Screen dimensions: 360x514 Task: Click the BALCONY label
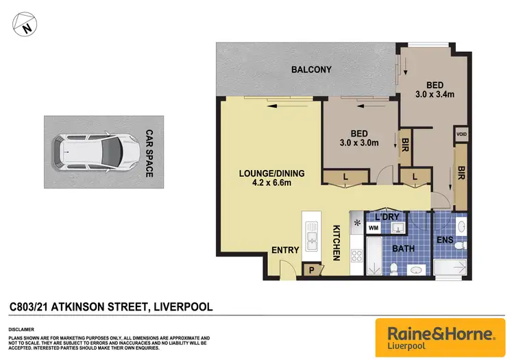click(311, 69)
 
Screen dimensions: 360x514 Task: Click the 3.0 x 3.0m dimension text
click(358, 143)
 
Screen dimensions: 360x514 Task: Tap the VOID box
click(461, 134)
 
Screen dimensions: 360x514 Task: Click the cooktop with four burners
click(356, 256)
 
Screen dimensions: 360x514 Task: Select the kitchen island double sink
click(312, 239)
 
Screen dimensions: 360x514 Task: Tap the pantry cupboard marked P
click(311, 270)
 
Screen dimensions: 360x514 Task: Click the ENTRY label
click(285, 250)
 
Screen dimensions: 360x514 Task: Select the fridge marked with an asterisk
click(356, 222)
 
